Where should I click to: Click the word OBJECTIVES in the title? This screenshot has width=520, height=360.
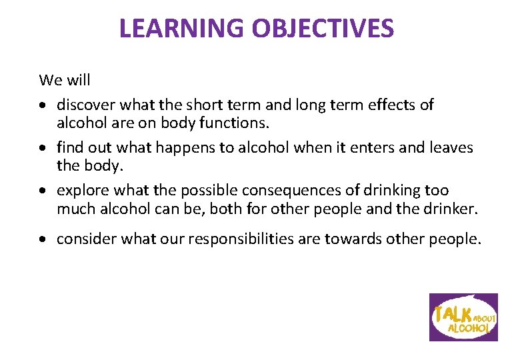(323, 29)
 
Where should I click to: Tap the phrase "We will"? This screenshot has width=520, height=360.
(65, 81)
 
